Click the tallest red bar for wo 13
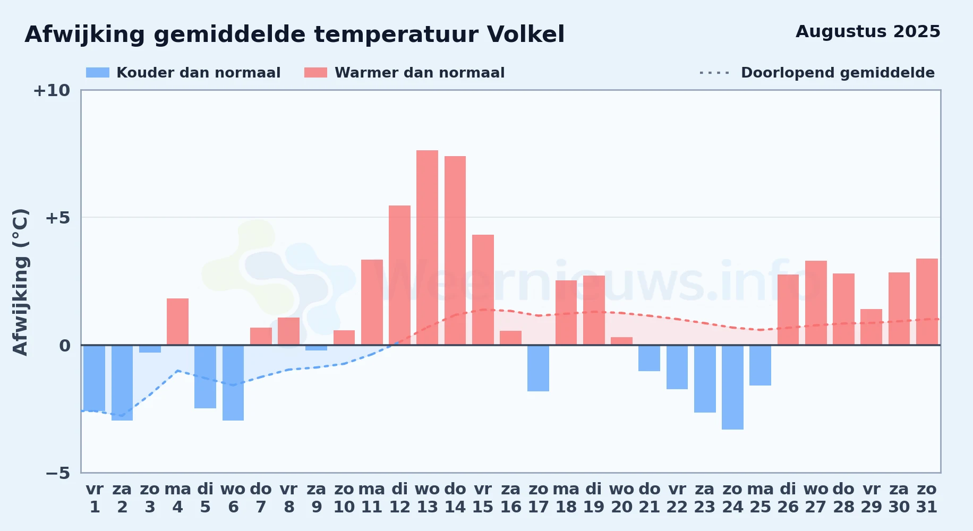click(x=427, y=247)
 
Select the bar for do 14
click(x=455, y=251)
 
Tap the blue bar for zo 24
click(x=732, y=387)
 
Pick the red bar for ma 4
click(x=177, y=322)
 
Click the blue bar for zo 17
click(x=538, y=368)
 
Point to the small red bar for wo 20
click(x=621, y=341)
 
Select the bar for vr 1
click(x=94, y=378)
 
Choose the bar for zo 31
click(x=927, y=302)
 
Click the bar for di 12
click(x=399, y=275)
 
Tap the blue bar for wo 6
click(x=233, y=383)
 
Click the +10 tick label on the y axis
click(x=52, y=90)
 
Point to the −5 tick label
click(x=58, y=473)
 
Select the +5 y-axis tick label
click(x=58, y=218)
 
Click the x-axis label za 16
click(x=510, y=498)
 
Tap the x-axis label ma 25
click(x=760, y=498)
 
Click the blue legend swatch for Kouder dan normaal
click(x=98, y=73)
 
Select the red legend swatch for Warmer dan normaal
click(x=315, y=73)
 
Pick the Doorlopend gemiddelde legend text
click(x=838, y=73)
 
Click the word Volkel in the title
click(x=525, y=35)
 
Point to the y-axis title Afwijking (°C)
click(x=20, y=282)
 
